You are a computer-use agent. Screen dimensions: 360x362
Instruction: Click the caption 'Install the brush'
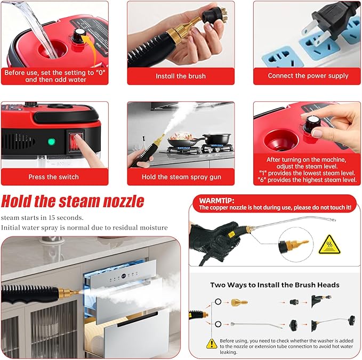181,76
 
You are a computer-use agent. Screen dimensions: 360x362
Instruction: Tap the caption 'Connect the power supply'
308,76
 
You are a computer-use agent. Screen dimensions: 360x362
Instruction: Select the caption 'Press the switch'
53,177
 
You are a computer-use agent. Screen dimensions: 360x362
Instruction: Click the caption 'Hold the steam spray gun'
181,177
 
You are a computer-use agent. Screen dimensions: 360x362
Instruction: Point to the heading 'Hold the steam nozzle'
72,202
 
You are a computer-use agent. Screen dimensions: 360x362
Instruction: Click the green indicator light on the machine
51,143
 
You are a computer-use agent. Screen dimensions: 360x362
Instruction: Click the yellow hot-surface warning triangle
329,244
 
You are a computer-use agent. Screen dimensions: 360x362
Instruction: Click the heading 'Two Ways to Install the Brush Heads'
275,285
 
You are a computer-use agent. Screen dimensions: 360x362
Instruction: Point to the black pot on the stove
216,140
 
